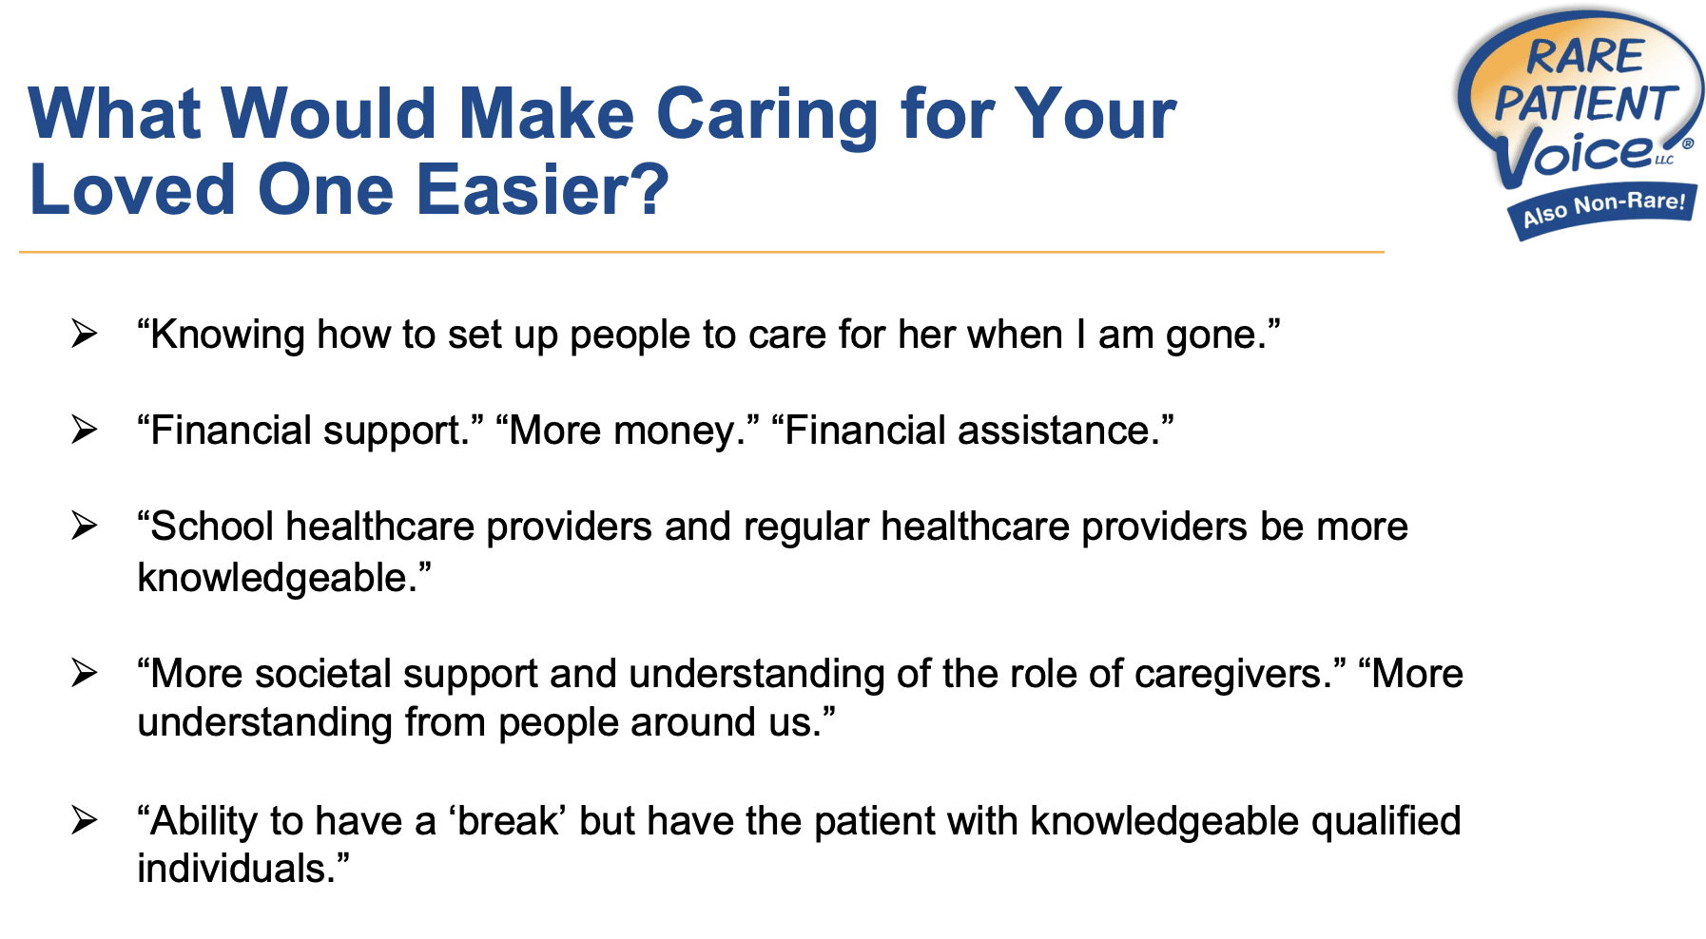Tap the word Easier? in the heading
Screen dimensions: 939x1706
pyautogui.click(x=542, y=190)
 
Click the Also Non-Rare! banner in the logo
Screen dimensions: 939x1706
pyautogui.click(x=1603, y=207)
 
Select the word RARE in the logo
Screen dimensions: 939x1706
pyautogui.click(x=1585, y=57)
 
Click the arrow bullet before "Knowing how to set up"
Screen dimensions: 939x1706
pyautogui.click(x=85, y=335)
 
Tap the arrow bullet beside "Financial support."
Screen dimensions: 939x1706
pyautogui.click(x=85, y=431)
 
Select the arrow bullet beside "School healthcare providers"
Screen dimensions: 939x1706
pyautogui.click(x=85, y=526)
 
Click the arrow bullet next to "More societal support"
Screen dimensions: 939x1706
pyautogui.click(x=85, y=674)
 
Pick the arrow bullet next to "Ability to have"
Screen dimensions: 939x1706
pyautogui.click(x=85, y=820)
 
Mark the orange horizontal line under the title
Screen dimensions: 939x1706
pyautogui.click(x=701, y=252)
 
